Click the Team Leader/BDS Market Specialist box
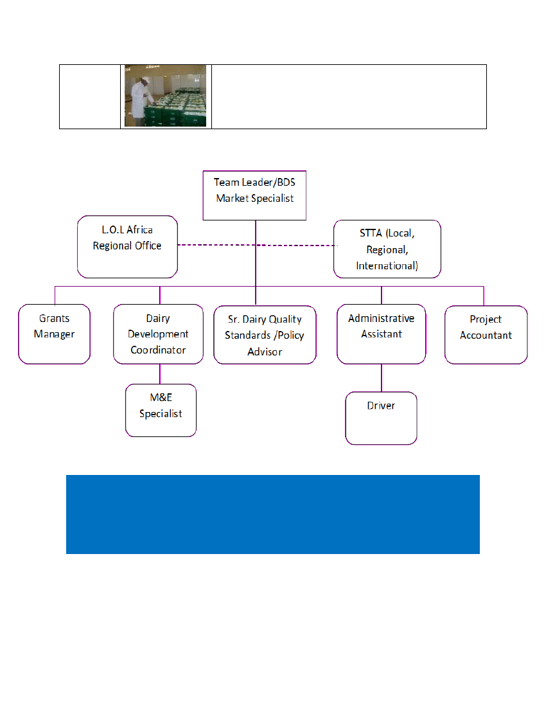point(254,195)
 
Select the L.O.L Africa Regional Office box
point(127,247)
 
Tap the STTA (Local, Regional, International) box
point(387,249)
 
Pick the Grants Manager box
point(55,334)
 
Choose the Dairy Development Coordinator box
point(158,334)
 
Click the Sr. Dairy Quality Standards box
point(265,335)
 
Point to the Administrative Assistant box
point(382,334)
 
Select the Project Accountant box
point(486,335)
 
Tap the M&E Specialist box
point(161,410)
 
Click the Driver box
point(381,418)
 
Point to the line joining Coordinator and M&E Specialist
point(160,374)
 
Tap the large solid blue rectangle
point(273,514)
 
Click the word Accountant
point(486,335)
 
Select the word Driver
point(381,406)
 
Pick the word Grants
point(55,318)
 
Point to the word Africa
point(139,229)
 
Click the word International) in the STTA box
point(387,265)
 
